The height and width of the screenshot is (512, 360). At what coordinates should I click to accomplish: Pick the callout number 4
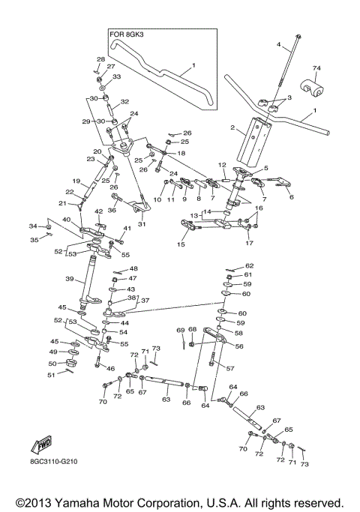tap(278, 46)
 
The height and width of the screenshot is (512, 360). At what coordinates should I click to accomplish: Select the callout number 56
tap(240, 347)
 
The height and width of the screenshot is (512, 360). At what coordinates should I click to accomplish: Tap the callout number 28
tap(100, 59)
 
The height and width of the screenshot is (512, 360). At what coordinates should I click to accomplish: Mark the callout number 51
tap(52, 375)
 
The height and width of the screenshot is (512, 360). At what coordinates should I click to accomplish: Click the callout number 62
tap(250, 266)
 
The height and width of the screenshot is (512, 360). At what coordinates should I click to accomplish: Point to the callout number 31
tap(142, 223)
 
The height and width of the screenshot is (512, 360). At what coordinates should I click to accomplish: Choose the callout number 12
tap(222, 165)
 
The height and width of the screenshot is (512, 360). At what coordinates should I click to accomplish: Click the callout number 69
tap(181, 330)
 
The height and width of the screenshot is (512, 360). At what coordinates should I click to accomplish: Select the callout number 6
tap(292, 197)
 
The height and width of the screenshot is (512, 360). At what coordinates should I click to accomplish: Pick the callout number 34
tap(32, 226)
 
